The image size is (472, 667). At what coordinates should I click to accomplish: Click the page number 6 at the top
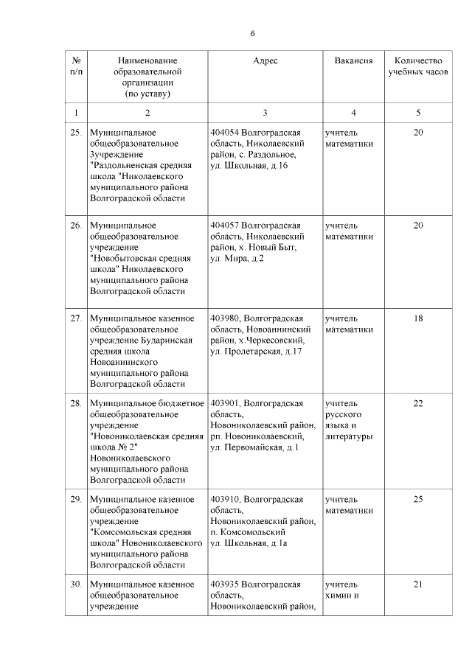click(252, 33)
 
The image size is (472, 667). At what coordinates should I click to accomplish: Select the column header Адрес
click(265, 60)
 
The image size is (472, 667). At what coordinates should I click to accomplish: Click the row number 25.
click(75, 132)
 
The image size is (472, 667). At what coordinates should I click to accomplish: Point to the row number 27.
click(75, 318)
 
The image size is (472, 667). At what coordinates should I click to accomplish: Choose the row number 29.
click(75, 500)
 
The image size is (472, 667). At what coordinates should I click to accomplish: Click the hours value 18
click(418, 318)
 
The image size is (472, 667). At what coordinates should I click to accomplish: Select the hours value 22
click(418, 403)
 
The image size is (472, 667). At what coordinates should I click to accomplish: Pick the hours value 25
click(418, 500)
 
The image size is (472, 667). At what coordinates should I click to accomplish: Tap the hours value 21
click(418, 584)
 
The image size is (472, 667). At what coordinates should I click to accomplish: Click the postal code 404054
click(225, 132)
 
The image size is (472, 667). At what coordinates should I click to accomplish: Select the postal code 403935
click(225, 584)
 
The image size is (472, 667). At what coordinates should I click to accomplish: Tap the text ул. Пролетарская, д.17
click(256, 352)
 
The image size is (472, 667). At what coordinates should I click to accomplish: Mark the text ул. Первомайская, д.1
click(254, 447)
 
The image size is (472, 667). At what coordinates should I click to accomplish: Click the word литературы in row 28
click(348, 436)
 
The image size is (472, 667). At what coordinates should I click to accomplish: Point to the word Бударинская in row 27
click(167, 341)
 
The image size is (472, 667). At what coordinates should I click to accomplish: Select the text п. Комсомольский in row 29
click(247, 532)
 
